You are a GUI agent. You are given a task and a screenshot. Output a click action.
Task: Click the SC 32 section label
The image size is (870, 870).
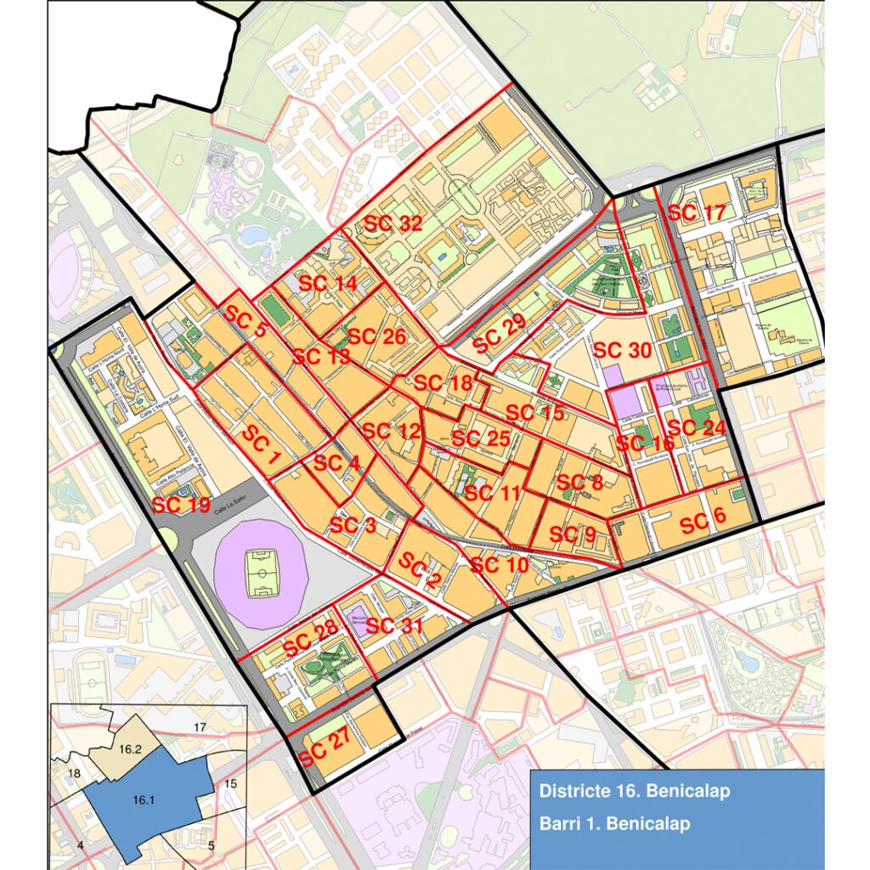pos(393,224)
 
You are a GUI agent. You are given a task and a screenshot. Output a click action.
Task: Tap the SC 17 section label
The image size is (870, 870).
pos(697,212)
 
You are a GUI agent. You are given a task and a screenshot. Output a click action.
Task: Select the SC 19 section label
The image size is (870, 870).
pos(180,506)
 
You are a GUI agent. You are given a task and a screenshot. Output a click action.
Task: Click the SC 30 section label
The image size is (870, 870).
pos(622,350)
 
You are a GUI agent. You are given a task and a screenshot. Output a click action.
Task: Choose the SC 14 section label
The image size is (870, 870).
pos(328,284)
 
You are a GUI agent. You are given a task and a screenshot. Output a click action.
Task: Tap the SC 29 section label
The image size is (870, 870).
pos(500,333)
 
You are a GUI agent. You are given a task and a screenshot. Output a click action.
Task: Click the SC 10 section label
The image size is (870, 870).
pos(499,564)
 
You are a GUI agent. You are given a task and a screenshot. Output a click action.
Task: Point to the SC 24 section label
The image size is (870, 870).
pos(697,427)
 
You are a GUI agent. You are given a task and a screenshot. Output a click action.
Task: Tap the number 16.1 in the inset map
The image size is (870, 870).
pos(144,799)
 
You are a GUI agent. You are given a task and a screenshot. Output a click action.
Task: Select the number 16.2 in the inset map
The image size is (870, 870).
pos(130,749)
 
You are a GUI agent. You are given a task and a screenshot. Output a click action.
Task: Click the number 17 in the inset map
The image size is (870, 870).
pos(201,727)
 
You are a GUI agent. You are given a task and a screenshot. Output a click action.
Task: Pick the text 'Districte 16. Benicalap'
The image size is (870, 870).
pos(634,792)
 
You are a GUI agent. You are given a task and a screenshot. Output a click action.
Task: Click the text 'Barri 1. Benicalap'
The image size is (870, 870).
pos(614,823)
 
